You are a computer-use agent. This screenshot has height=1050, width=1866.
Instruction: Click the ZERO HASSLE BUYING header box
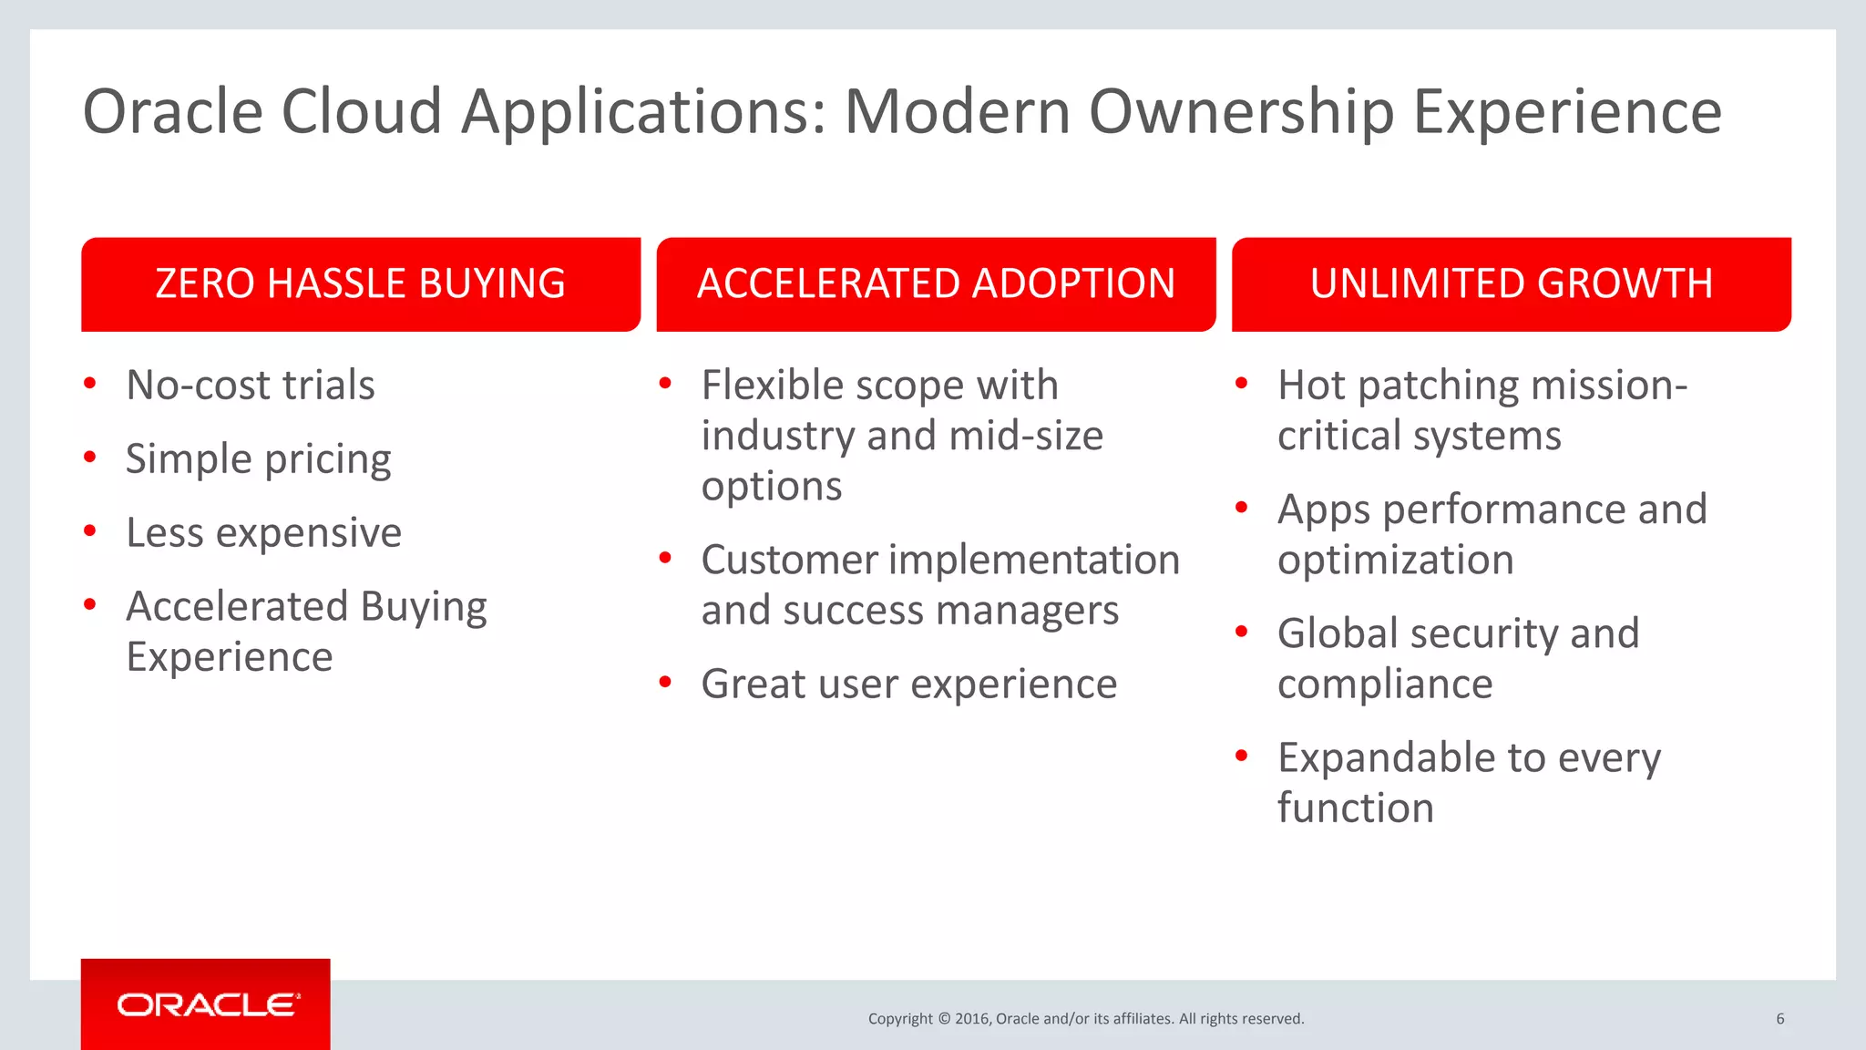pos(361,284)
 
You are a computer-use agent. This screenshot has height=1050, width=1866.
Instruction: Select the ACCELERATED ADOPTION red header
pos(936,284)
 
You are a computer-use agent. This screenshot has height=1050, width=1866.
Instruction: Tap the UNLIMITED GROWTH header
pos(1511,284)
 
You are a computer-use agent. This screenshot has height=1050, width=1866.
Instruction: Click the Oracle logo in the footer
pos(207,1004)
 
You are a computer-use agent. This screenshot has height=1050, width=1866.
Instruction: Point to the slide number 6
pos(1779,1019)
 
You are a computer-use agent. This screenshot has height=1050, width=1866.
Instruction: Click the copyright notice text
pos(1085,1019)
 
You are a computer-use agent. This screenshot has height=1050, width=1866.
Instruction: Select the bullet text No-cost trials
pos(251,386)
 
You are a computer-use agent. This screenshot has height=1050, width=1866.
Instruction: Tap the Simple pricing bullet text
pos(259,459)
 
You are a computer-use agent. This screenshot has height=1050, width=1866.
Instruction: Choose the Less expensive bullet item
pos(263,533)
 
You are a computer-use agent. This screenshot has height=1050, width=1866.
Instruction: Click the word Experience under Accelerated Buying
pos(230,657)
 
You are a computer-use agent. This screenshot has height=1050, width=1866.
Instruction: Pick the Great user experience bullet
pos(908,685)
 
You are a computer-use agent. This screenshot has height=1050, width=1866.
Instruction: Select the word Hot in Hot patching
pos(1310,386)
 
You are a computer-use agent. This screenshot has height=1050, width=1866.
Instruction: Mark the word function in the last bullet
pos(1355,808)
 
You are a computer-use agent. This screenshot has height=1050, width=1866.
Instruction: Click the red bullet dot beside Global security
pos(1241,631)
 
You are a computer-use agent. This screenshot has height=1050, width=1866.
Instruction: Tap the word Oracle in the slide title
pos(173,111)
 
